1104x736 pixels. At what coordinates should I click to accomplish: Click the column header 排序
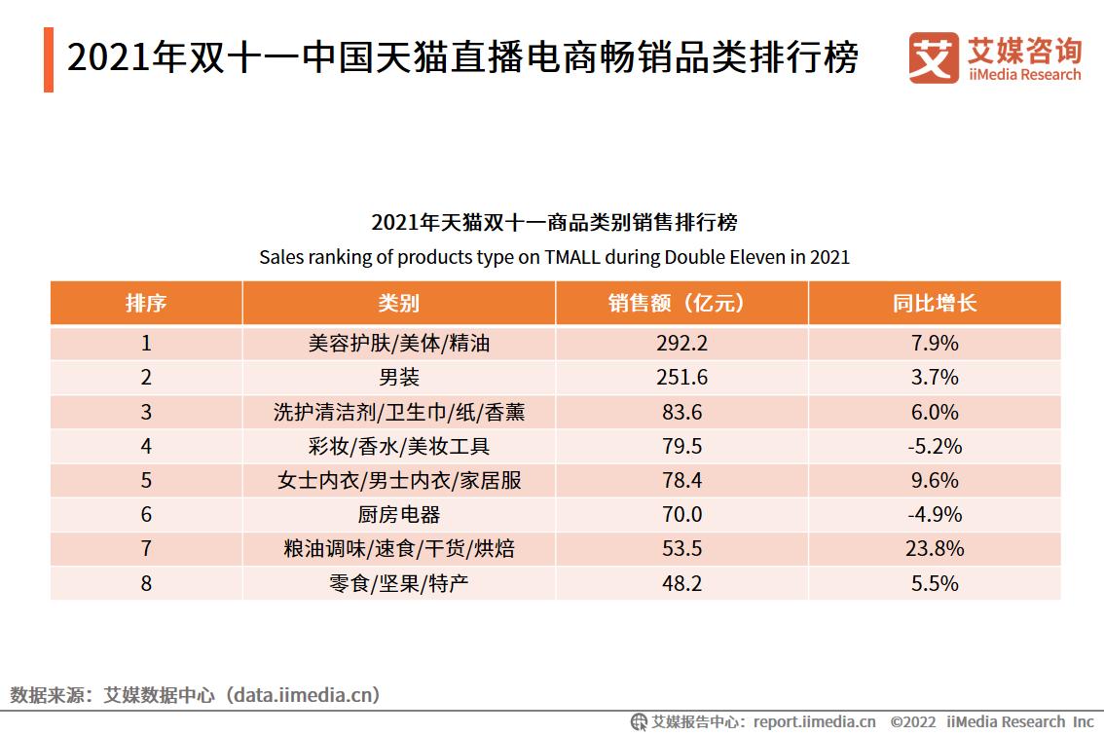(146, 303)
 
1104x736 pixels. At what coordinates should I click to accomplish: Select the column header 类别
(398, 303)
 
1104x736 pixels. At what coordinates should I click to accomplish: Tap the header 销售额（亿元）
(681, 303)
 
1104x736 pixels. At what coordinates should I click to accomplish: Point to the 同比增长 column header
(934, 303)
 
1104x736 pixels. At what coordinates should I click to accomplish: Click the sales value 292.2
(681, 343)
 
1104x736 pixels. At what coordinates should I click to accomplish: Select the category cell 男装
(398, 378)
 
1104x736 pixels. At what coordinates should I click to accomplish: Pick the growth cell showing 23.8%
(934, 549)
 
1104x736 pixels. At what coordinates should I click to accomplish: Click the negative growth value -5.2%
(934, 446)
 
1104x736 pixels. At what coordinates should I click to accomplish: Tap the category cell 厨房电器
(398, 515)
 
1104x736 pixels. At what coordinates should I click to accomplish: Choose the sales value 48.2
(681, 583)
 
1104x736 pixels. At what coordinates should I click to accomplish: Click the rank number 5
(146, 480)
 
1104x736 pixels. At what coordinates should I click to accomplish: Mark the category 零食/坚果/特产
(398, 583)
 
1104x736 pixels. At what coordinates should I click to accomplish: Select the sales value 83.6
(681, 412)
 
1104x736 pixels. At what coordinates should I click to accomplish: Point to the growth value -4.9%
(934, 515)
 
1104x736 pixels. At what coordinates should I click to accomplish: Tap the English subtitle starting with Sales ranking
(554, 258)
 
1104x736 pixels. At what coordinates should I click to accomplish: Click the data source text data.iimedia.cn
(302, 695)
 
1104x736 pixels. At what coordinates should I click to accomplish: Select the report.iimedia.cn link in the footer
(814, 722)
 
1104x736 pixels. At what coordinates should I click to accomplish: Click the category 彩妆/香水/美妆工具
(398, 446)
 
